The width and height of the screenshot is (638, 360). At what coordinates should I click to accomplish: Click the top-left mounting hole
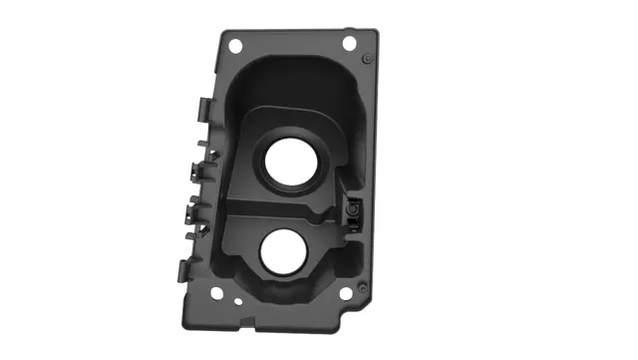point(235,46)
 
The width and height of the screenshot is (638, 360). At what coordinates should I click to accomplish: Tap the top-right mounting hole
point(349,43)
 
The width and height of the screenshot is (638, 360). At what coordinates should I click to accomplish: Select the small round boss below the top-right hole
point(367,60)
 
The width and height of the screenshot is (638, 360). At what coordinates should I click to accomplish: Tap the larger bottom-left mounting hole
point(216,293)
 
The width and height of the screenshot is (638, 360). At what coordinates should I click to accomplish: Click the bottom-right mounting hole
point(345,294)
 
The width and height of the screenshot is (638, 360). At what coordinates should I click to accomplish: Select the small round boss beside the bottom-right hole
point(362,287)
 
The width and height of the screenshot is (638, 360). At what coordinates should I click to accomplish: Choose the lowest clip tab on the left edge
point(185,270)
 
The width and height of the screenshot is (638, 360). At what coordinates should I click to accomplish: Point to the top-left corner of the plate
point(222,32)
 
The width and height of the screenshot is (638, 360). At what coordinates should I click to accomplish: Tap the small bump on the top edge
point(346,29)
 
